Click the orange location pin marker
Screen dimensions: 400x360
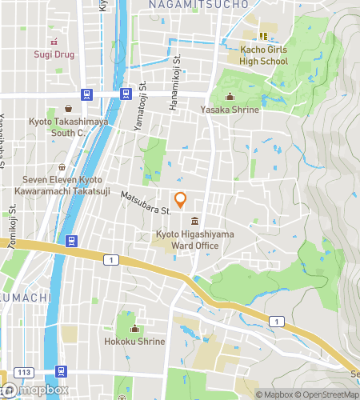pyautogui.click(x=181, y=200)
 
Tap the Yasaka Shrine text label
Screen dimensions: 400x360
pyautogui.click(x=230, y=110)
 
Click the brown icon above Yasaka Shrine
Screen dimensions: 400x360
pyautogui.click(x=230, y=98)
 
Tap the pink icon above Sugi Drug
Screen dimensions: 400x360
pyautogui.click(x=54, y=42)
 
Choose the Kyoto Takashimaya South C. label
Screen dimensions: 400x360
pyautogui.click(x=68, y=127)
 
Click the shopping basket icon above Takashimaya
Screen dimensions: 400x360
pyautogui.click(x=69, y=109)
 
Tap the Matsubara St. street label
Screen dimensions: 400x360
pyautogui.click(x=146, y=203)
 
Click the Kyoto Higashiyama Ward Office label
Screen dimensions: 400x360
pyautogui.click(x=187, y=240)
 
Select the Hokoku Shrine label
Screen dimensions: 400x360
pyautogui.click(x=134, y=342)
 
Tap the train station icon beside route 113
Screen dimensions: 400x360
pyautogui.click(x=62, y=371)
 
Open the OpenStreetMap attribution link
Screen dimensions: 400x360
pyautogui.click(x=326, y=394)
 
